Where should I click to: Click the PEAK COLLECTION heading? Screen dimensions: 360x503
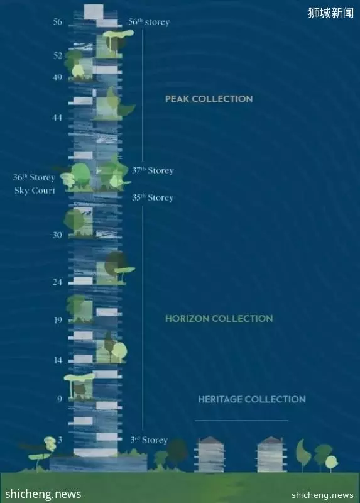coord(209,99)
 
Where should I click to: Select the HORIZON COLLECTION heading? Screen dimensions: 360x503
coord(219,319)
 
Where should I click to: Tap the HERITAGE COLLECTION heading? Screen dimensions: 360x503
coord(252,399)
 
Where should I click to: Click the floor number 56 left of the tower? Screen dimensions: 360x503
coord(58,22)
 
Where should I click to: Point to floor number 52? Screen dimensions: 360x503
coord(58,56)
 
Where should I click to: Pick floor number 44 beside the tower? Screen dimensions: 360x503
coord(57,118)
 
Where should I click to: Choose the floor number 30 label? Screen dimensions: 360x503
coord(57,235)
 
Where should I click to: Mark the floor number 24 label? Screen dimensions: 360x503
coord(57,282)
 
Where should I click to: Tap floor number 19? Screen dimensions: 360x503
coord(58,320)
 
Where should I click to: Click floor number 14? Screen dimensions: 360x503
coord(58,360)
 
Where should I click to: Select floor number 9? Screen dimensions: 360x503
coord(60,399)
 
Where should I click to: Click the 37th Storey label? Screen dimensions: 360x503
coord(153,170)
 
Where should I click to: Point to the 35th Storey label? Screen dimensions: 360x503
coord(153,197)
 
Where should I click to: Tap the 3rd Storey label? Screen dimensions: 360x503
coord(149,439)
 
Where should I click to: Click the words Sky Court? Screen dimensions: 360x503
coord(35,191)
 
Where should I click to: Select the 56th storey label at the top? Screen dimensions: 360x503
coord(149,22)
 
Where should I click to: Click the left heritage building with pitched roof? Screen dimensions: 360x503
coord(209,454)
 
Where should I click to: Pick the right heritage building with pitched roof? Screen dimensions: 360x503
coord(271,454)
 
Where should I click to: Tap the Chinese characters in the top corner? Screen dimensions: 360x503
coord(331,13)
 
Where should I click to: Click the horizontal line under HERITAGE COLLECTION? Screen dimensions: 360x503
coord(241,421)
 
